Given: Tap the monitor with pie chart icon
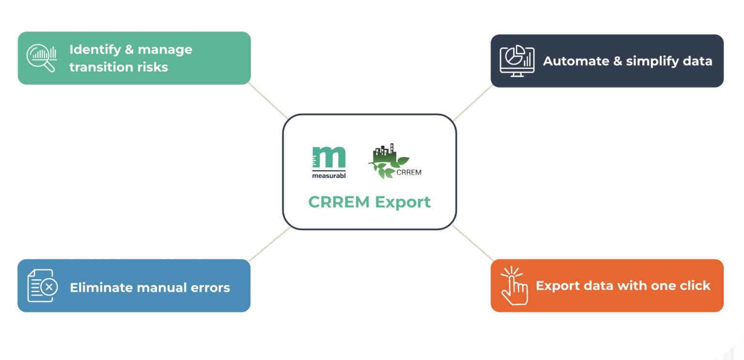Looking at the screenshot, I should point(517,61).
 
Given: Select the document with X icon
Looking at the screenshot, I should point(42,286).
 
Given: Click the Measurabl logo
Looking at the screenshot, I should point(329,162).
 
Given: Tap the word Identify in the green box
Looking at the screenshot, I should point(95,50).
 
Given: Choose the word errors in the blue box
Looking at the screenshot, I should point(210,288).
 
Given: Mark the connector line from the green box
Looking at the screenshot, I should point(267,100).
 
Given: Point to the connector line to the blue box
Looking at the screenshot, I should point(269,244).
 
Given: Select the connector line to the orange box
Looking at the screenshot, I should point(473,244).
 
